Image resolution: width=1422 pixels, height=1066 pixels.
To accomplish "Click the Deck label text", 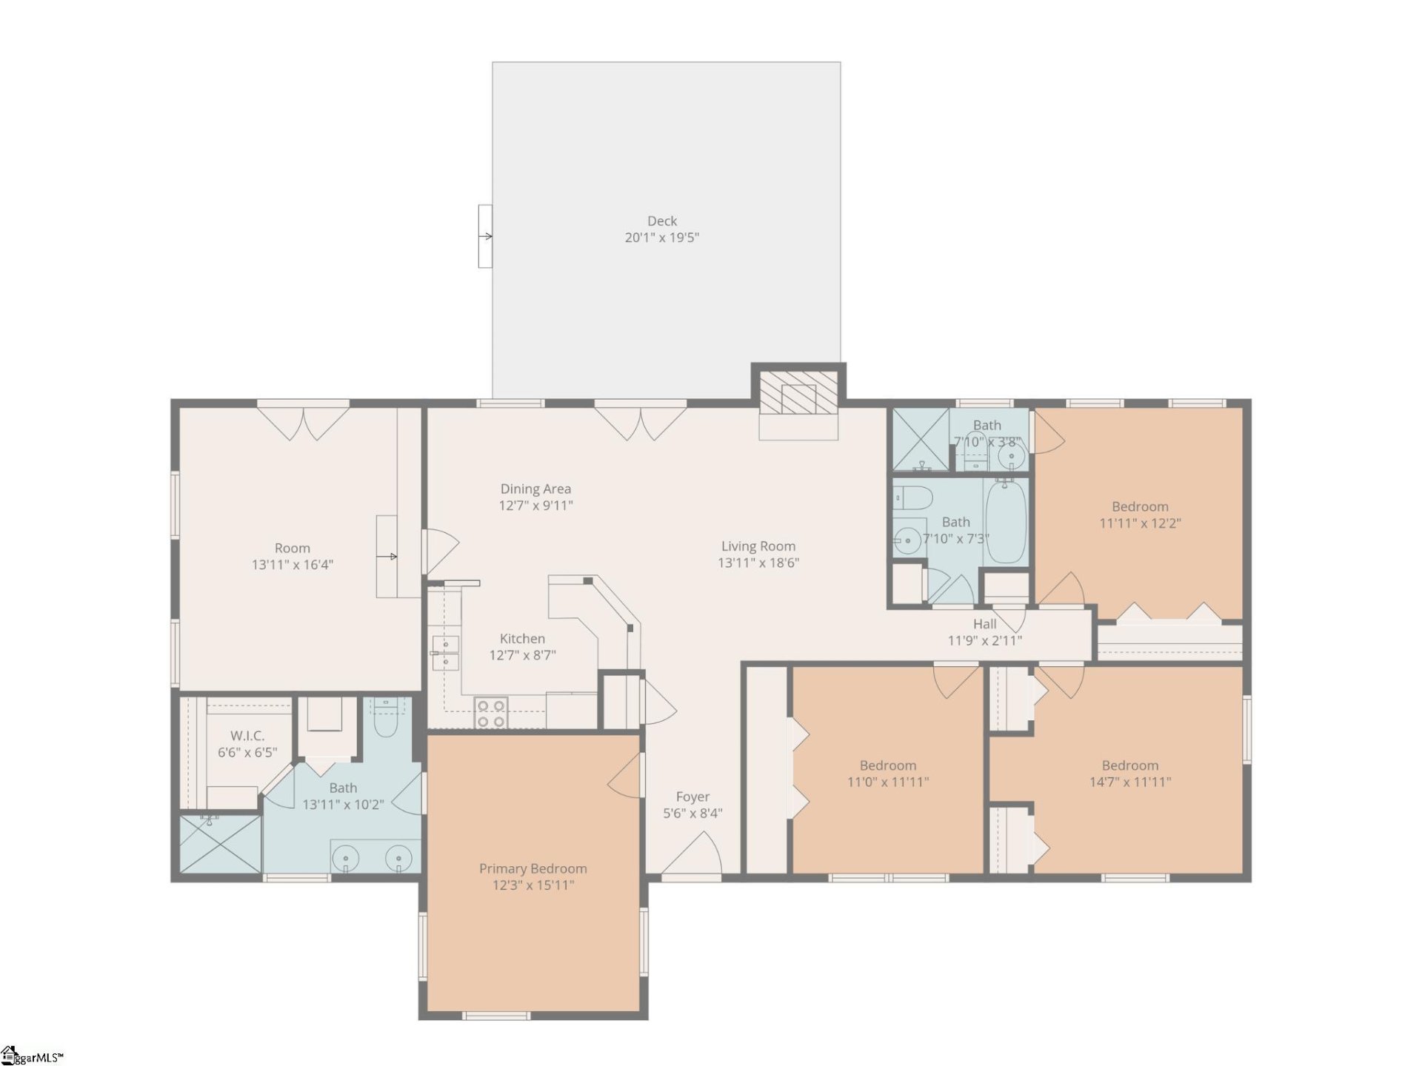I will pos(661,221).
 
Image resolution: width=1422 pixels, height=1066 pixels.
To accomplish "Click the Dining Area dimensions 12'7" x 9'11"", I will pos(535,506).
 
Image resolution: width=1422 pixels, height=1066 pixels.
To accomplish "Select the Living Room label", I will pos(758,546).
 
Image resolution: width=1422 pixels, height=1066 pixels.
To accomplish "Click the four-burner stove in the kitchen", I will pos(491,714).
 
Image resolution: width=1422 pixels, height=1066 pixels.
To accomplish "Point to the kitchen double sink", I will pos(445,653).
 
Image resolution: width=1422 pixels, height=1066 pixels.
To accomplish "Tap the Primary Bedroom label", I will pos(533,868).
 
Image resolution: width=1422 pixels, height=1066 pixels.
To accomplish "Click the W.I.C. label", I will pos(247,736).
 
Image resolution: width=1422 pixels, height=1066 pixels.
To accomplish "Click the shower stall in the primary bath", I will pos(220,844).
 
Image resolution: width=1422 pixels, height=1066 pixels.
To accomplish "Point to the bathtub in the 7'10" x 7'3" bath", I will pos(1006,520).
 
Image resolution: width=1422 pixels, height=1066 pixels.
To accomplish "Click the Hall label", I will pos(984,624).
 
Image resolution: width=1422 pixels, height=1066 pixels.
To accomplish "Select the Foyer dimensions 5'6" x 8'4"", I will pos(692,813).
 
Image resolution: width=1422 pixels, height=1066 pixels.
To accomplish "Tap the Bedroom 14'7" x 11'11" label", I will pos(1129,765).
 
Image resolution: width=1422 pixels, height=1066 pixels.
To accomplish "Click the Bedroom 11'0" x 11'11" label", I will pos(887,765).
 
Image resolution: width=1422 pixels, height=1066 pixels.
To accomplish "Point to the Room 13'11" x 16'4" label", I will pos(292,549).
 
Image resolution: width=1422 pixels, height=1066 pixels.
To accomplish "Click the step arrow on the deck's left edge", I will pos(486,236).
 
